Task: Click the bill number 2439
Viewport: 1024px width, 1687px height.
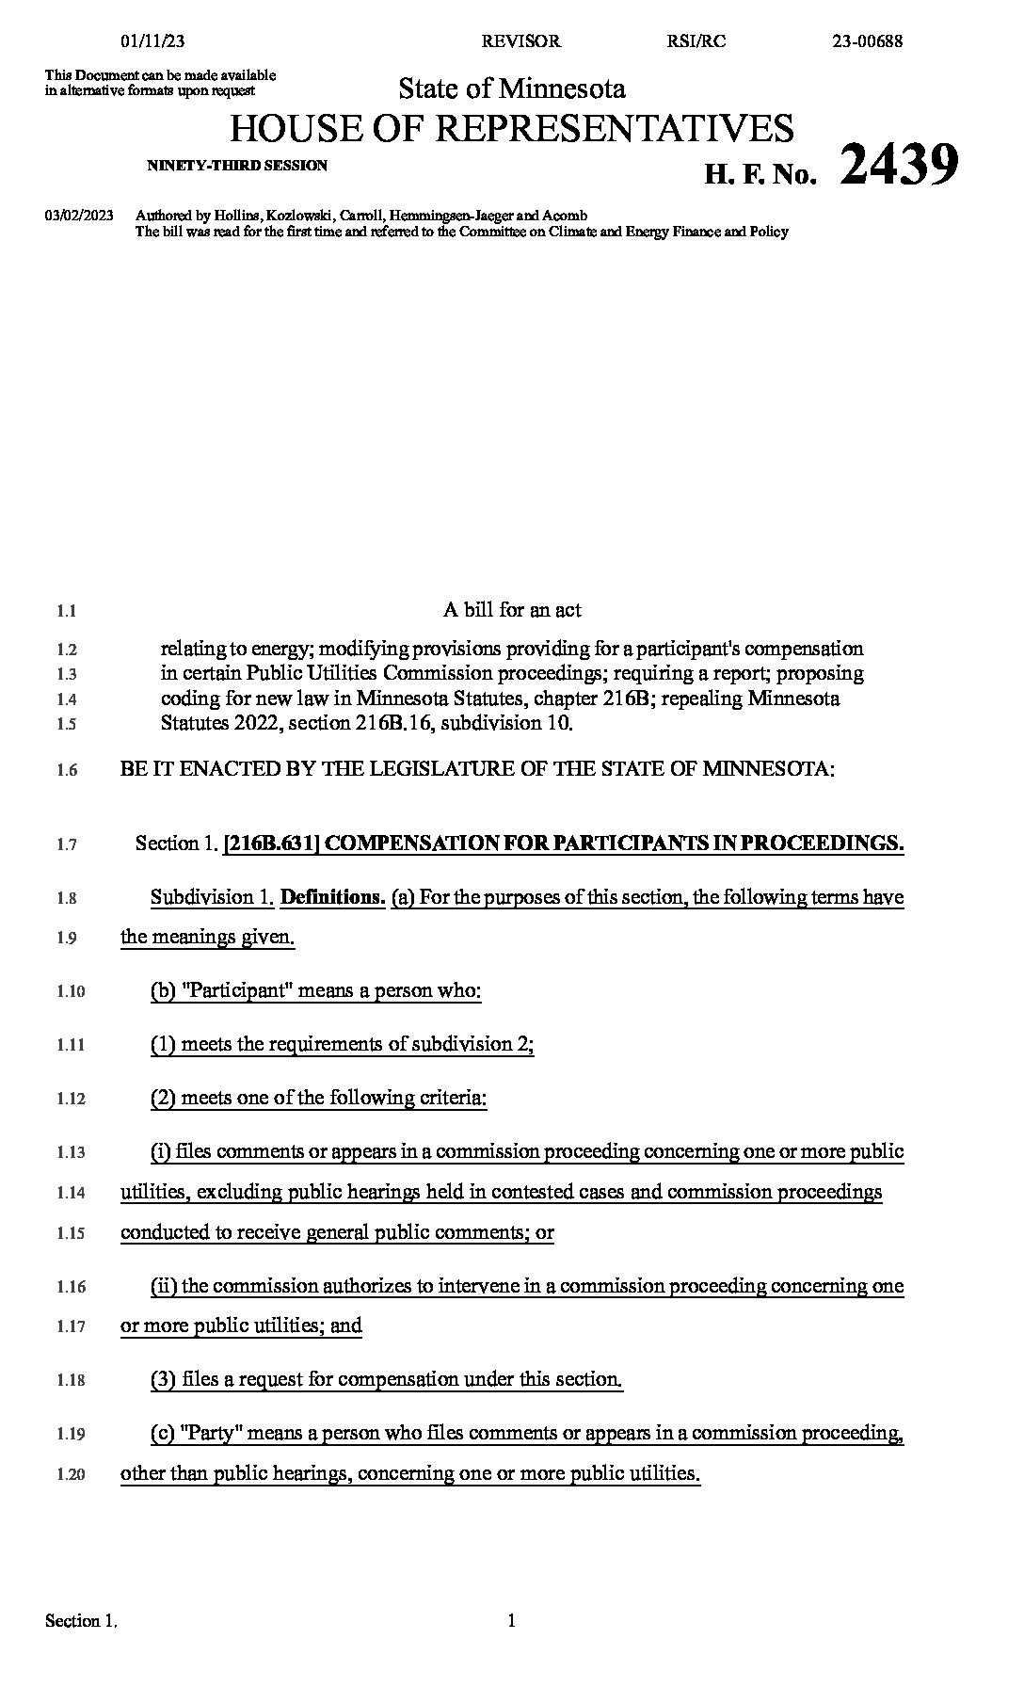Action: [899, 164]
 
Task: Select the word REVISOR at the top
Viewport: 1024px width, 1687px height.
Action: [520, 40]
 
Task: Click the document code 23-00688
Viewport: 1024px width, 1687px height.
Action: [868, 40]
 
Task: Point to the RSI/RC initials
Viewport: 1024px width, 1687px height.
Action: [696, 40]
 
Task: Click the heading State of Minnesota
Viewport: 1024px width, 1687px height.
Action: [512, 88]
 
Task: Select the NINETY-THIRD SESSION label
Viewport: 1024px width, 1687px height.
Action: [237, 166]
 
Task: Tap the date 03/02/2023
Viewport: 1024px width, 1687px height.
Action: [79, 216]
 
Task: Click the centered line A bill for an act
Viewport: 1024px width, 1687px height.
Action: [512, 610]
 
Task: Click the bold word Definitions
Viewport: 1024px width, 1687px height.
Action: [333, 897]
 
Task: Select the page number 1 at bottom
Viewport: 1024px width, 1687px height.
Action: [512, 1621]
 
